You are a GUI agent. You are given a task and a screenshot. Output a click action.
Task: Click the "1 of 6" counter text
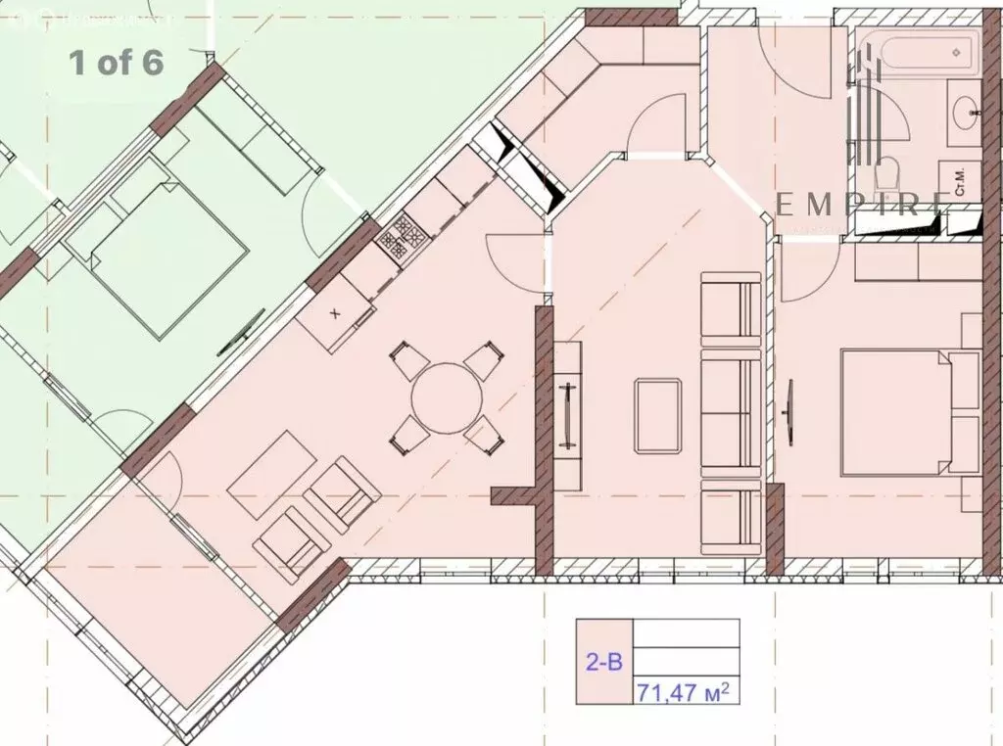pos(116,63)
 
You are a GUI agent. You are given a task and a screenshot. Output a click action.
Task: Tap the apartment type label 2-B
pos(603,662)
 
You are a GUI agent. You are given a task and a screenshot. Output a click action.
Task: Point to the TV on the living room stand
pos(566,415)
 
